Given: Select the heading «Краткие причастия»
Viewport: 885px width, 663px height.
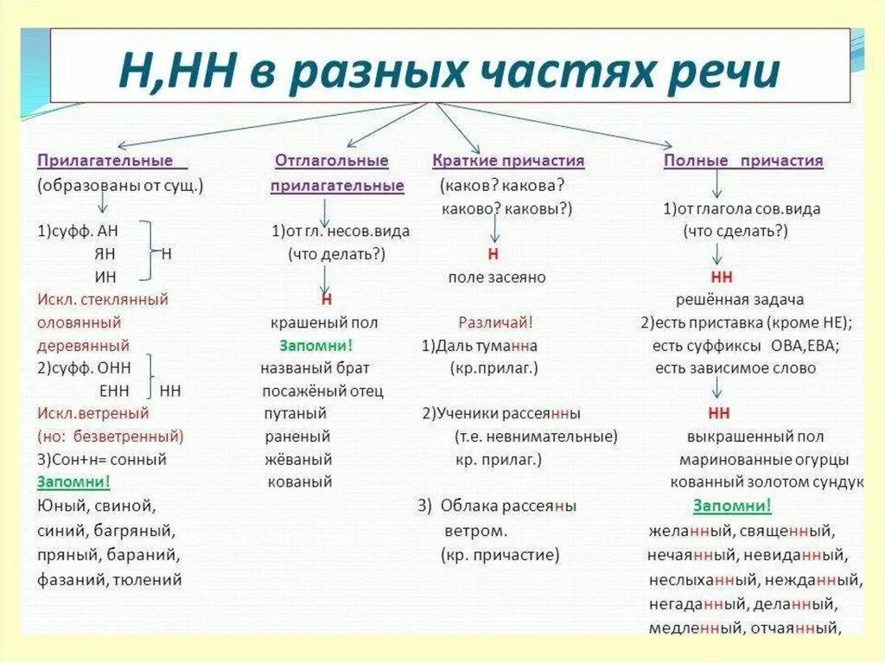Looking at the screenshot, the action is (x=508, y=161).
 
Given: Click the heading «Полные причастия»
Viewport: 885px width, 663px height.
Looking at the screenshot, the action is (x=743, y=161).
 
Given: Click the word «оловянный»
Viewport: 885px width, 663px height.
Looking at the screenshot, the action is (x=79, y=322).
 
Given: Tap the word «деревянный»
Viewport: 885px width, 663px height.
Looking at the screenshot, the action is (x=83, y=345).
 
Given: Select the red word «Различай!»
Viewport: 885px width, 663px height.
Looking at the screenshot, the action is (x=495, y=322).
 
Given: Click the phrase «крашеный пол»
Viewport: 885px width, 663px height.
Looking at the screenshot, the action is (x=324, y=322).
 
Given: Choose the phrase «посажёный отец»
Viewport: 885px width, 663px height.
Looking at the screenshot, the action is (x=322, y=391).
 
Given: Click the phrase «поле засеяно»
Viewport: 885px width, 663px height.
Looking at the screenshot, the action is (x=496, y=277).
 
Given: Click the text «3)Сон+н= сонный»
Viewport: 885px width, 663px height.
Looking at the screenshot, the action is (x=102, y=459).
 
